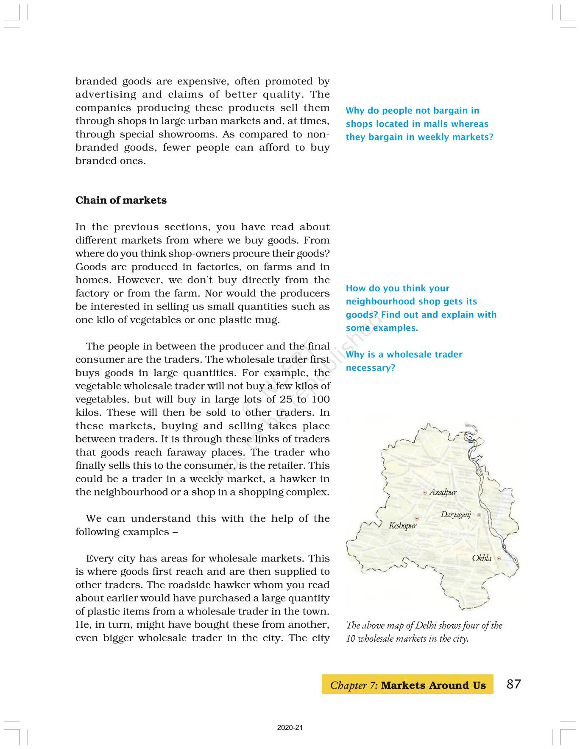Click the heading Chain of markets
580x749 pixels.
[x=121, y=200]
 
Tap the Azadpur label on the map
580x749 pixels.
[x=443, y=492]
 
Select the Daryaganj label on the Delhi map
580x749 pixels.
[x=456, y=515]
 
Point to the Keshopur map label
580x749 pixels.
[x=403, y=526]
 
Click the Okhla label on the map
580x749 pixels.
[x=482, y=559]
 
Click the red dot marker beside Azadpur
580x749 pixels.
[x=425, y=493]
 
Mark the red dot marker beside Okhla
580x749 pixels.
[x=499, y=559]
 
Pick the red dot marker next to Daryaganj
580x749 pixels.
[x=479, y=515]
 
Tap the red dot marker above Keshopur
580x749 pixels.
[x=417, y=518]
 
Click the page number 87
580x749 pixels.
[x=513, y=684]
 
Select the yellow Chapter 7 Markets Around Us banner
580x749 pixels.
[x=407, y=685]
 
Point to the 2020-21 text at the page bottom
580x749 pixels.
[x=290, y=728]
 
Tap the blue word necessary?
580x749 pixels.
[x=371, y=368]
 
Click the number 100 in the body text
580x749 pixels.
[x=321, y=400]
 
